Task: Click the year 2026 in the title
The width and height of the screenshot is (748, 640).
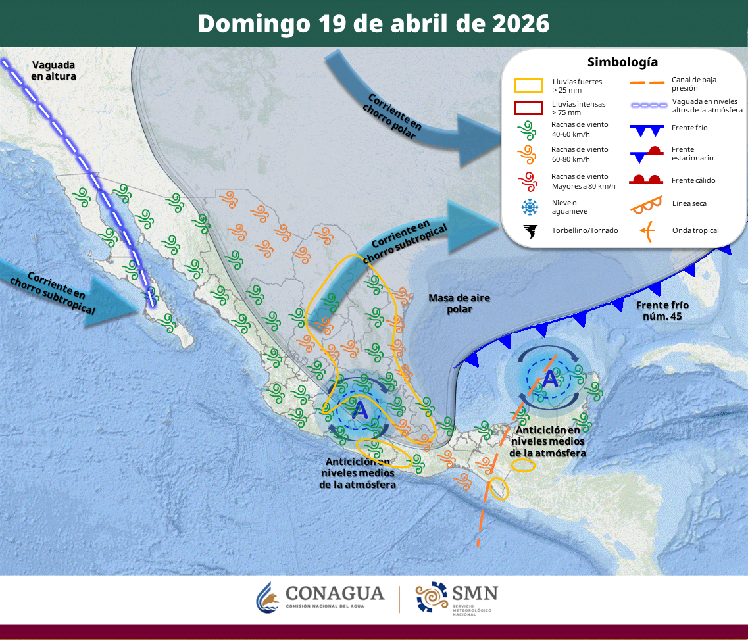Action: pyautogui.click(x=520, y=24)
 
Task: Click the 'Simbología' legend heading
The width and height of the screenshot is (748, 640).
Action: pyautogui.click(x=622, y=62)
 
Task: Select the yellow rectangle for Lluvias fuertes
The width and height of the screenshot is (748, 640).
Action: pyautogui.click(x=528, y=85)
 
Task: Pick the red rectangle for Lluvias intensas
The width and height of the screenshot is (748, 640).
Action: pyautogui.click(x=528, y=107)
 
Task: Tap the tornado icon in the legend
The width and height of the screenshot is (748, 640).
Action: pyautogui.click(x=529, y=231)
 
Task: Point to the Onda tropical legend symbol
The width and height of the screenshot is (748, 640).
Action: pyautogui.click(x=647, y=230)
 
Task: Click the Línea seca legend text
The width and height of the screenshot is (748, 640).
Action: pyautogui.click(x=689, y=203)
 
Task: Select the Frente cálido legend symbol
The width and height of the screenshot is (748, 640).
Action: pyautogui.click(x=647, y=179)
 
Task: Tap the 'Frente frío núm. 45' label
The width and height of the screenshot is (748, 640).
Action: pyautogui.click(x=662, y=311)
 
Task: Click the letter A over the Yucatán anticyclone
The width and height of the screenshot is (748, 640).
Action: pyautogui.click(x=549, y=380)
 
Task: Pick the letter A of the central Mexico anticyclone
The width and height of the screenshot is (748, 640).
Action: pyautogui.click(x=359, y=410)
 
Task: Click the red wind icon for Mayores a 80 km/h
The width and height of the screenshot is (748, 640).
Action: pyautogui.click(x=529, y=180)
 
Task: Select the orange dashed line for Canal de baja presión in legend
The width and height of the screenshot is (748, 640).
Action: pyautogui.click(x=647, y=84)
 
